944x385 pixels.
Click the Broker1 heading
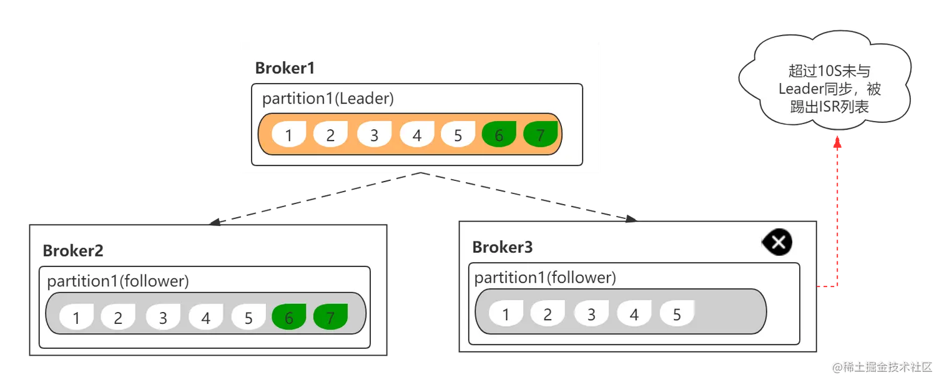(285, 68)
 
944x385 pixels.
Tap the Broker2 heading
(73, 251)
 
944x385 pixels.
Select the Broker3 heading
(503, 247)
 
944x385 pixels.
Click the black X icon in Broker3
(777, 242)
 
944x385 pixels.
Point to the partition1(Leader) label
(328, 98)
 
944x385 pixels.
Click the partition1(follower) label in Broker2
(118, 281)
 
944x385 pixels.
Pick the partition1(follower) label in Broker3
(545, 277)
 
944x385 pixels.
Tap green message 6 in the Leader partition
(499, 134)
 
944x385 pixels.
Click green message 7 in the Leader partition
(541, 134)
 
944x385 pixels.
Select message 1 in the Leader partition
(289, 134)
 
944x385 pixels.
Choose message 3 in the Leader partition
(374, 134)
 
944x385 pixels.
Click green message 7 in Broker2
(331, 317)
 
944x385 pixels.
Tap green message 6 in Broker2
(289, 317)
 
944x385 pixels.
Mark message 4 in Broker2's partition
(205, 317)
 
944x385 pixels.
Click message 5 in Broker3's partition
(677, 313)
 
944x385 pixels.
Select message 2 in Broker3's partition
(548, 313)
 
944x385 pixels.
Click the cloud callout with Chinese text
(825, 79)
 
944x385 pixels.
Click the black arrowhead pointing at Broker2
(215, 222)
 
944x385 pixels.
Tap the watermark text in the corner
(882, 367)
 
